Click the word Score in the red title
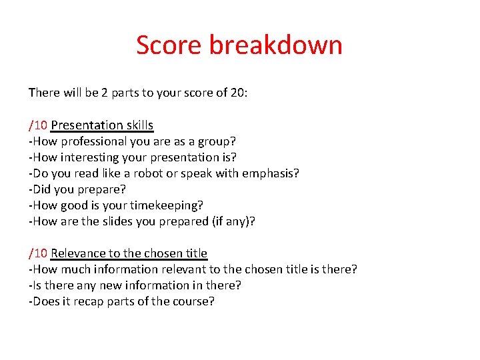(169, 45)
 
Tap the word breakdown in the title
(276, 45)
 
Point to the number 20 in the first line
(238, 93)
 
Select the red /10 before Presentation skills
(38, 125)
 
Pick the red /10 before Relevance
(38, 253)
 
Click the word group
(216, 141)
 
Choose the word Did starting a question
(41, 189)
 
